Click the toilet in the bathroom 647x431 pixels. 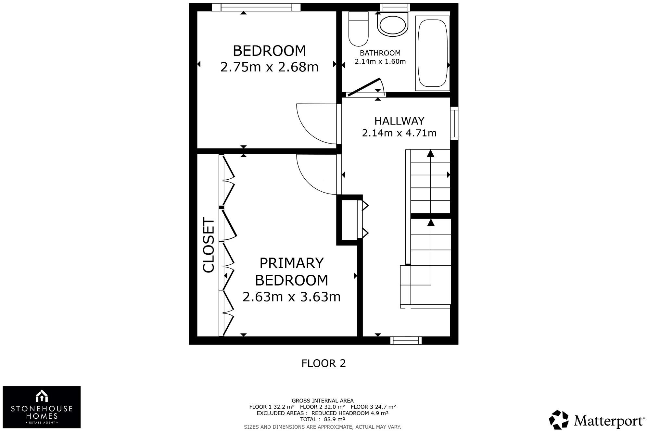coord(358,29)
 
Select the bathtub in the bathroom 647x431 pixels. coord(432,53)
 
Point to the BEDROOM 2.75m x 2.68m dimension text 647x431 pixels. coord(269,67)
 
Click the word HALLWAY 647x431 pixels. coord(399,121)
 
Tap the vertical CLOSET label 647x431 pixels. coord(209,245)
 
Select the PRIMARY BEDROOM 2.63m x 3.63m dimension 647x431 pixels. coord(291,297)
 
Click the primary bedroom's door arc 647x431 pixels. coord(312,177)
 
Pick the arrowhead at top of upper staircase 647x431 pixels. coord(430,153)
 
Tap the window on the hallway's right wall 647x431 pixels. coord(454,123)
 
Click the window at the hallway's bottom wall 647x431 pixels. coord(406,340)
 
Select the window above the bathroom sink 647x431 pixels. coord(395,7)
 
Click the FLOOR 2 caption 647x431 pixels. coord(323,363)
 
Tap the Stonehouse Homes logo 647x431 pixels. coord(42,407)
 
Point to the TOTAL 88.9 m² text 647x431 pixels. coord(323,419)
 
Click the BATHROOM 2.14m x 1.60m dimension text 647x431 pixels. coord(380,61)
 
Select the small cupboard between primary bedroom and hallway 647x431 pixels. coord(349,220)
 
